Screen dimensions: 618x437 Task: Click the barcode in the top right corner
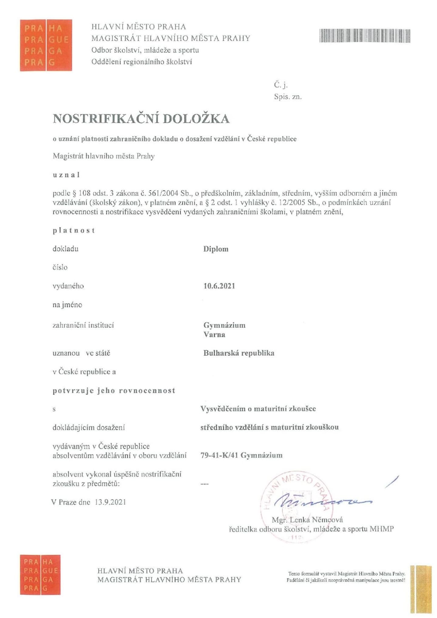point(365,36)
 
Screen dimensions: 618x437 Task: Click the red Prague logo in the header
point(46,45)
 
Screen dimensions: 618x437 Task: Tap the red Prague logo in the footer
point(40,575)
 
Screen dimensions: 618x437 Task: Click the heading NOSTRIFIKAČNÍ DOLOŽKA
point(141,119)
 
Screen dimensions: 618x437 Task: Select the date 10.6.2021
point(219,286)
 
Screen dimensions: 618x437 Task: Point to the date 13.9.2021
point(110,502)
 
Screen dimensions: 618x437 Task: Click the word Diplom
point(216,249)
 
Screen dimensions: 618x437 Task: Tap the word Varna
point(214,335)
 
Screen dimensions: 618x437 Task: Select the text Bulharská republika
point(239,353)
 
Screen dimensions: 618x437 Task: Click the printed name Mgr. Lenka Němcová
point(307,520)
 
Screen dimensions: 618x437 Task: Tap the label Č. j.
point(281,85)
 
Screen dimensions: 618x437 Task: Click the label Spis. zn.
point(288,97)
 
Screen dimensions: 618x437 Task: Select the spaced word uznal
point(66,175)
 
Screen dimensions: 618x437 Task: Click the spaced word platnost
point(74,230)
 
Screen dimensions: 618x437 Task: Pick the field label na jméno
point(67,305)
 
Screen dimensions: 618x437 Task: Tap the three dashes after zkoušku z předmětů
point(205,484)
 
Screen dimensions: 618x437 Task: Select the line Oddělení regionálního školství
point(142,62)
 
